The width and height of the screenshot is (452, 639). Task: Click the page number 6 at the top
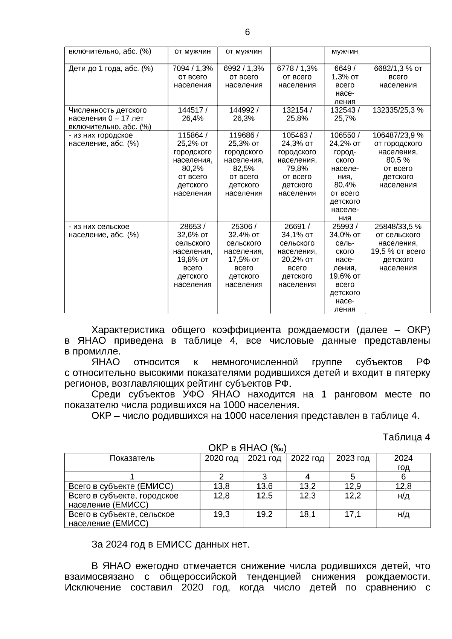247,32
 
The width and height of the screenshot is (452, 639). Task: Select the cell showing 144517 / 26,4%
192,114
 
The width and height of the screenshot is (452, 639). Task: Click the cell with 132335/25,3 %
398,110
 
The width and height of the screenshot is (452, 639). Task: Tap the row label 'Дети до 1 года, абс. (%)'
111,69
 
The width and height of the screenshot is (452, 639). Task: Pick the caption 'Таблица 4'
406,437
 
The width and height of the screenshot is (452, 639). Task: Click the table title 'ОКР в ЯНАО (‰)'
247,448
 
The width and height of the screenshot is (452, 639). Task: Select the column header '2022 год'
307,458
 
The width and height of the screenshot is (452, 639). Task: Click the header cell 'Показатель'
132,458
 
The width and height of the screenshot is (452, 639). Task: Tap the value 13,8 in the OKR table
221,486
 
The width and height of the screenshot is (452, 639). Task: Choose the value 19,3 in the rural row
221,514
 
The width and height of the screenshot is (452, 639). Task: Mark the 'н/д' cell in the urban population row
403,496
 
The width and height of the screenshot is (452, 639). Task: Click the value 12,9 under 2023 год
353,486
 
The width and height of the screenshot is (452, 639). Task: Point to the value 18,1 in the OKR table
307,514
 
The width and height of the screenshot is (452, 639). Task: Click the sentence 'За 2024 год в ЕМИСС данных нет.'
170,544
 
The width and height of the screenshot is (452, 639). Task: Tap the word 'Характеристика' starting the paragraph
128,330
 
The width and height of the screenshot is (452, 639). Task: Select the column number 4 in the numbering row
307,476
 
